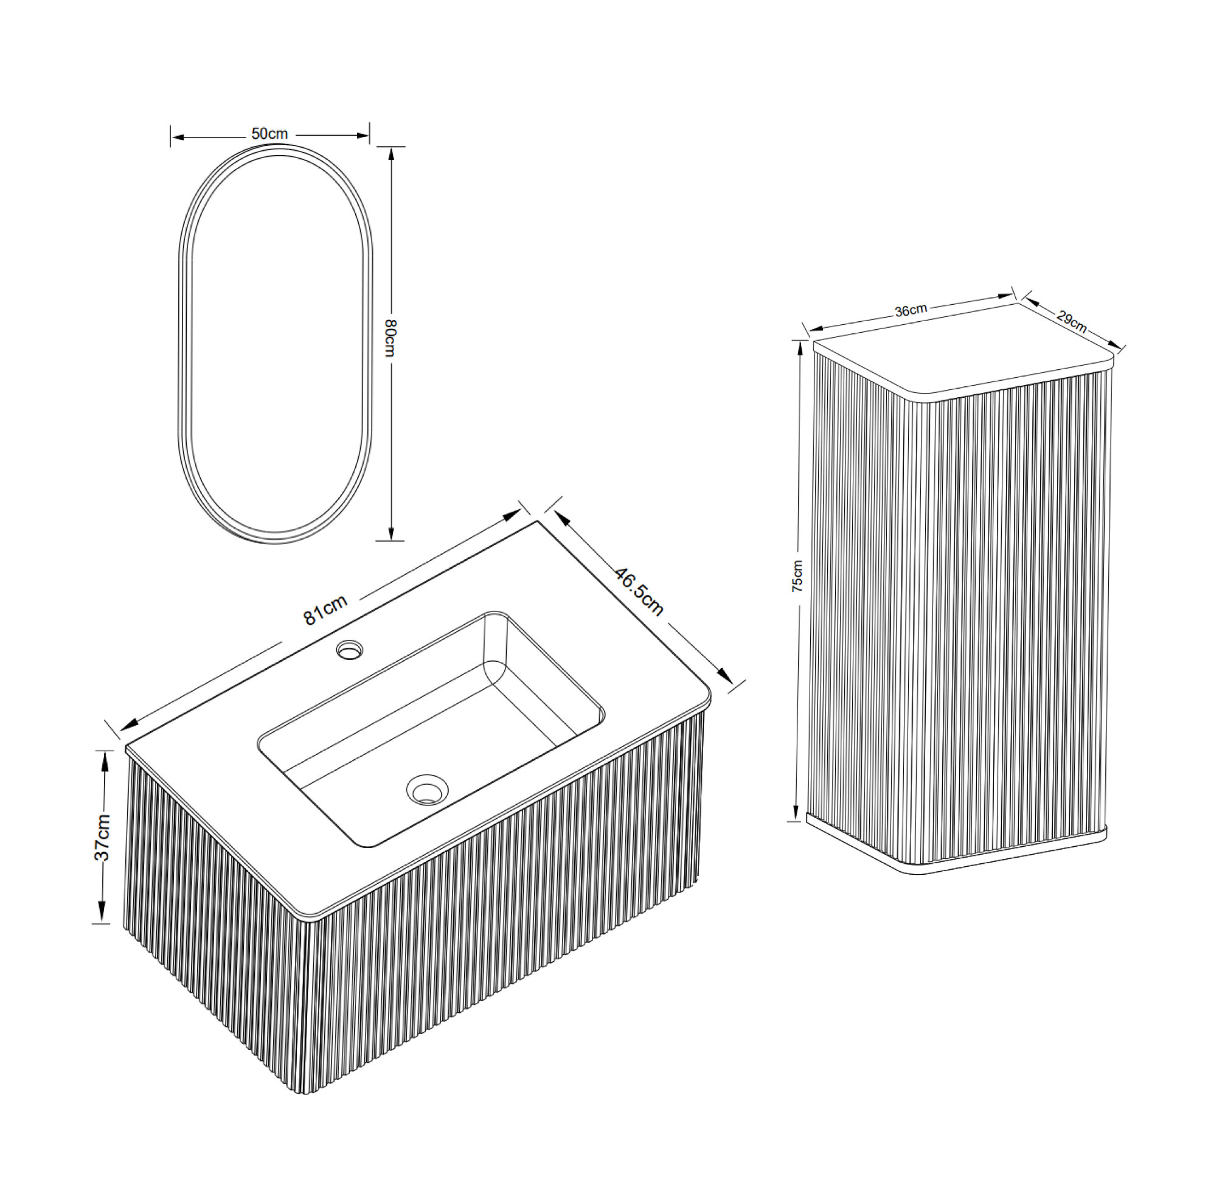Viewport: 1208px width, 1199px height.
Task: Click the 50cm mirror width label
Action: point(269,134)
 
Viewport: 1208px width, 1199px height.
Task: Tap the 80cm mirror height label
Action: point(390,338)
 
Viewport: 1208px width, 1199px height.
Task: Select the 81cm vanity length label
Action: point(325,610)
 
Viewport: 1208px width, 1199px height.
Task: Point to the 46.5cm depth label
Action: point(639,591)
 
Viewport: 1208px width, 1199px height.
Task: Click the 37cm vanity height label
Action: point(102,838)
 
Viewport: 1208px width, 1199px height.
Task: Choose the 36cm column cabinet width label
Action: point(911,310)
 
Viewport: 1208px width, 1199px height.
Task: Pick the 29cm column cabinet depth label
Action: point(1072,321)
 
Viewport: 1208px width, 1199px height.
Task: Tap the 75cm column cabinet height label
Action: point(797,576)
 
